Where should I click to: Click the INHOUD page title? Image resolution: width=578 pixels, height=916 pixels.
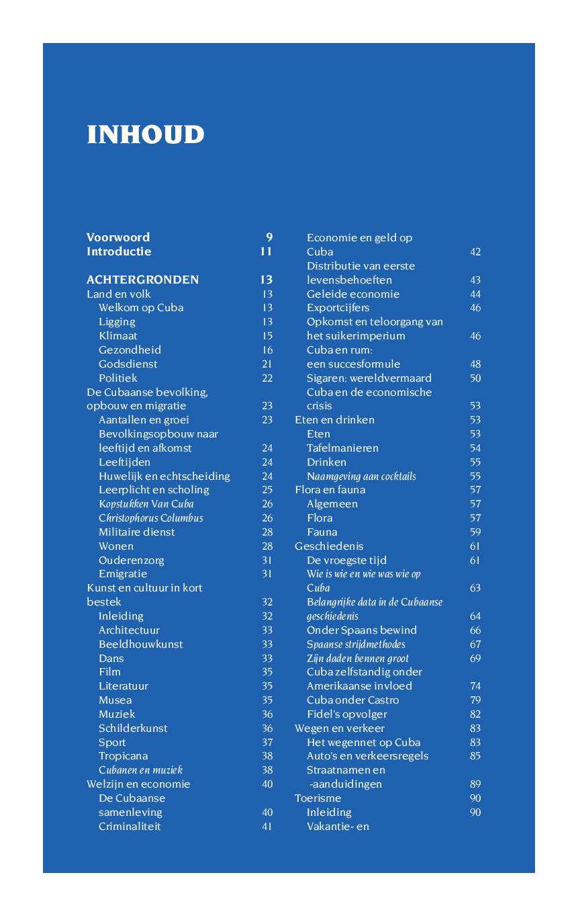tap(145, 134)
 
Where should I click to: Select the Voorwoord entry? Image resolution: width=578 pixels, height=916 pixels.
tap(118, 237)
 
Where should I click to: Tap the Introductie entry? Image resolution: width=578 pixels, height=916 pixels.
tap(119, 251)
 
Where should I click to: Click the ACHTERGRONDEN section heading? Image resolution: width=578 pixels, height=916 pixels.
tap(142, 280)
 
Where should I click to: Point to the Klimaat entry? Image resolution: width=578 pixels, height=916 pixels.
tap(118, 335)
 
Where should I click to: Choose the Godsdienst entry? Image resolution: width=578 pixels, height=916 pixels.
tap(128, 364)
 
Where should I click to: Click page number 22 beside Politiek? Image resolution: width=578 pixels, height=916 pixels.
tap(267, 378)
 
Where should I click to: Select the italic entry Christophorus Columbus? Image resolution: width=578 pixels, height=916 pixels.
tap(151, 518)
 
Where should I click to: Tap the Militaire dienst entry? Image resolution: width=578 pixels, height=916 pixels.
tap(137, 532)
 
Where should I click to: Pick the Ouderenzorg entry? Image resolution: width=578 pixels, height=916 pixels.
tap(132, 560)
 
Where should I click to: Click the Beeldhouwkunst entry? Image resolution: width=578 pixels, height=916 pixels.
tap(141, 644)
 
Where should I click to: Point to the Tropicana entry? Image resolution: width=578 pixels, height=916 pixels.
tap(124, 756)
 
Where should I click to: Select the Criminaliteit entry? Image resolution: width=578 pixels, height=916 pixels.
tap(130, 826)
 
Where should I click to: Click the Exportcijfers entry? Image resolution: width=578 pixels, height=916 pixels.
tap(338, 308)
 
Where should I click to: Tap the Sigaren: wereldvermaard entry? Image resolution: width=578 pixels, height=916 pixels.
tap(369, 378)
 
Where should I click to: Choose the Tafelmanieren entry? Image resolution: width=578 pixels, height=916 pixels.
tap(342, 448)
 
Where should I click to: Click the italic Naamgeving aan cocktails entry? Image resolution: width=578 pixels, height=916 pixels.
tap(361, 476)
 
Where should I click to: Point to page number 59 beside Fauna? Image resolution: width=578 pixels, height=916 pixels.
tap(475, 532)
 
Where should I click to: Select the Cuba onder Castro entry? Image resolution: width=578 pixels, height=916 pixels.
tap(352, 700)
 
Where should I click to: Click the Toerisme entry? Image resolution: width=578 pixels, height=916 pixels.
tap(318, 798)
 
